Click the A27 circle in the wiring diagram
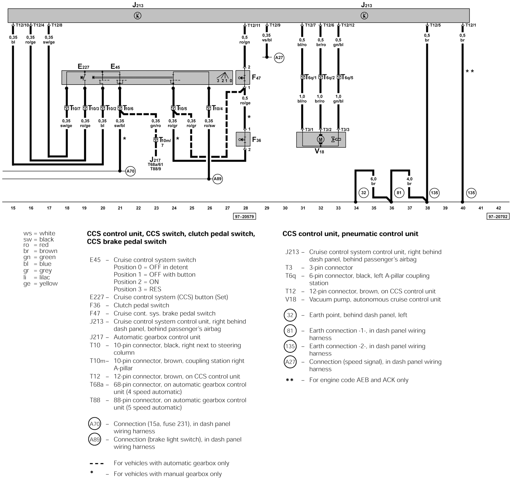(x=279, y=58)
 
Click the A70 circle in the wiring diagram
(x=130, y=171)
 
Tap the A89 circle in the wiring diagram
(x=218, y=179)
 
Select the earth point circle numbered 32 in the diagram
(x=364, y=193)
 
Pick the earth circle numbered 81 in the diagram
(x=399, y=193)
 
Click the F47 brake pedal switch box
(x=243, y=78)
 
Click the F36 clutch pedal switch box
(x=243, y=139)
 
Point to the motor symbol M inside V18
(x=321, y=139)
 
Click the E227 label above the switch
(x=83, y=67)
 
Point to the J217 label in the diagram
(x=155, y=160)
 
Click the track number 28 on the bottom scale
(x=246, y=208)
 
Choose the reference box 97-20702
(x=498, y=216)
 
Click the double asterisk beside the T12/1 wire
(x=470, y=71)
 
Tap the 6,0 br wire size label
(x=373, y=181)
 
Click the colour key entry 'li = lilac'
(x=37, y=277)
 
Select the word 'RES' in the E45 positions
(x=155, y=289)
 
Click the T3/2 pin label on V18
(x=327, y=130)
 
